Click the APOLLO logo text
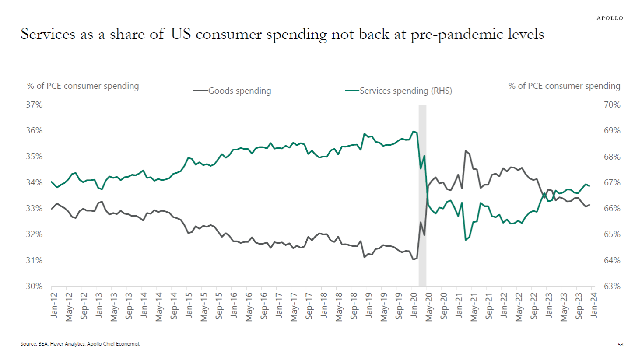610,18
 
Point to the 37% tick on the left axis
34,105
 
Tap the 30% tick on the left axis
34,286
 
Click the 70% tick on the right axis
612,105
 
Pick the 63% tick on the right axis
612,286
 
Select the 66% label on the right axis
612,209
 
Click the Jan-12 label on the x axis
54,305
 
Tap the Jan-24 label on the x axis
594,305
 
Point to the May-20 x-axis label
429,307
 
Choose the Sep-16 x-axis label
264,306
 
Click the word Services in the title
48,34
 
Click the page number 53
620,345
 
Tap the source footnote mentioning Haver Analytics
80,344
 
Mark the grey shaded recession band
422,195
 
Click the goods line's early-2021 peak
466,151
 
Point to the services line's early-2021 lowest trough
466,240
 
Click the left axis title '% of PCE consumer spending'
83,86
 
